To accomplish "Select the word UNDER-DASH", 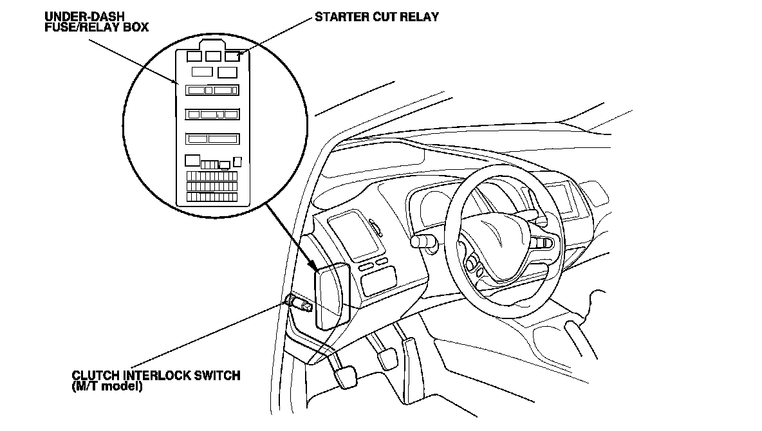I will [x=76, y=15].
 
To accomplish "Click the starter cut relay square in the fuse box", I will [x=232, y=57].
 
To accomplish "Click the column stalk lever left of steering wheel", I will [x=422, y=242].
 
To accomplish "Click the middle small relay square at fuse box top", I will [x=213, y=57].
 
